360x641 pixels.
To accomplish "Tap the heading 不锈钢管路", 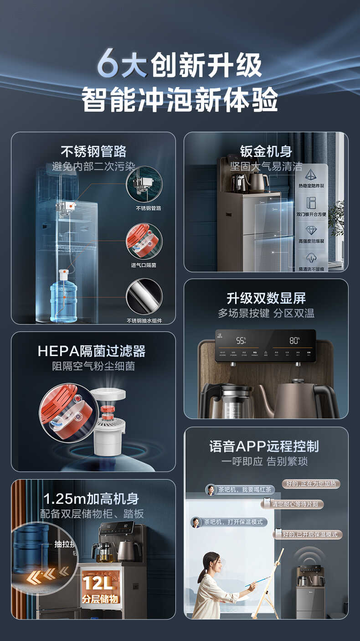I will click(93, 151).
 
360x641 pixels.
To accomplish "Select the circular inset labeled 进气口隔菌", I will click(144, 241).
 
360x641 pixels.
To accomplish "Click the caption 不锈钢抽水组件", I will click(144, 320).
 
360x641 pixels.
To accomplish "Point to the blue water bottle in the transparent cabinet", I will click(64, 301).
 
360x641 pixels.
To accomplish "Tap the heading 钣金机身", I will click(266, 151).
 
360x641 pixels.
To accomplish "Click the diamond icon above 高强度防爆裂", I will click(311, 231).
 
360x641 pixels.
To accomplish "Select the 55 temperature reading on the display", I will click(241, 340).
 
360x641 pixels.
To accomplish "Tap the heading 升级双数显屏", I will click(266, 298).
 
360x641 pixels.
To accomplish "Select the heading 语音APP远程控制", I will click(264, 446).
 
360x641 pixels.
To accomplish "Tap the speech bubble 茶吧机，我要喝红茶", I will click(240, 490).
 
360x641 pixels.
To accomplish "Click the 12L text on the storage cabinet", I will click(97, 583).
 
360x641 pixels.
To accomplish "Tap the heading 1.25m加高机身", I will click(91, 499).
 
